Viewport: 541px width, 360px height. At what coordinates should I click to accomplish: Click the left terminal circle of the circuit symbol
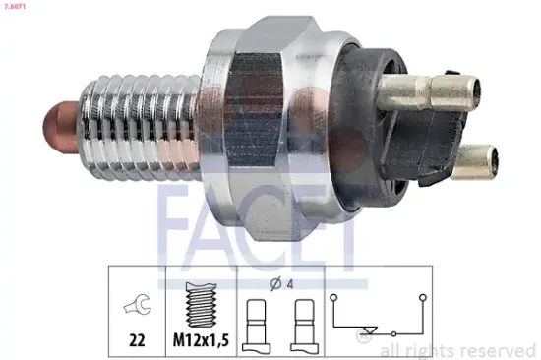(334, 295)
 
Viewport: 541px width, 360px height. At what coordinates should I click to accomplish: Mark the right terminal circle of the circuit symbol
(423, 295)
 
